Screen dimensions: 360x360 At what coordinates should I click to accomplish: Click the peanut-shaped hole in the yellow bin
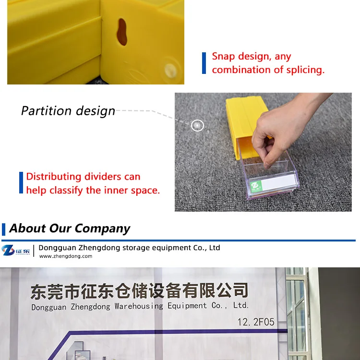point(122,32)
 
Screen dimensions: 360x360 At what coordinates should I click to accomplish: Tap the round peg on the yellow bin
point(169,69)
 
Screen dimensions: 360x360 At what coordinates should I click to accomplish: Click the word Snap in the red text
point(224,57)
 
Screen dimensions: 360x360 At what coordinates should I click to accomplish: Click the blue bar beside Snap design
point(204,63)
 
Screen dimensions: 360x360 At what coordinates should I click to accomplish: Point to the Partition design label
point(68,111)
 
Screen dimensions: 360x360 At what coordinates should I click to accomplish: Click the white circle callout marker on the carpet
point(197,126)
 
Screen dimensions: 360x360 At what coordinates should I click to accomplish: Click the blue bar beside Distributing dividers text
point(21,183)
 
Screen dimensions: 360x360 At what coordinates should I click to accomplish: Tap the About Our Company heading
point(70,228)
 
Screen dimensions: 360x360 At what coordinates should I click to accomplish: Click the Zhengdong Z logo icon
point(8,250)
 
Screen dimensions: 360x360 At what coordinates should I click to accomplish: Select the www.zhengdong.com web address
point(65,256)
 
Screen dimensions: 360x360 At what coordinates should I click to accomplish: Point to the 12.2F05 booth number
point(256,322)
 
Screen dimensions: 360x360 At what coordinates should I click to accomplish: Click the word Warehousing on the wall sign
point(139,306)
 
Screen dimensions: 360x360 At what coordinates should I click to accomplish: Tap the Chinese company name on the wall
point(139,290)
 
